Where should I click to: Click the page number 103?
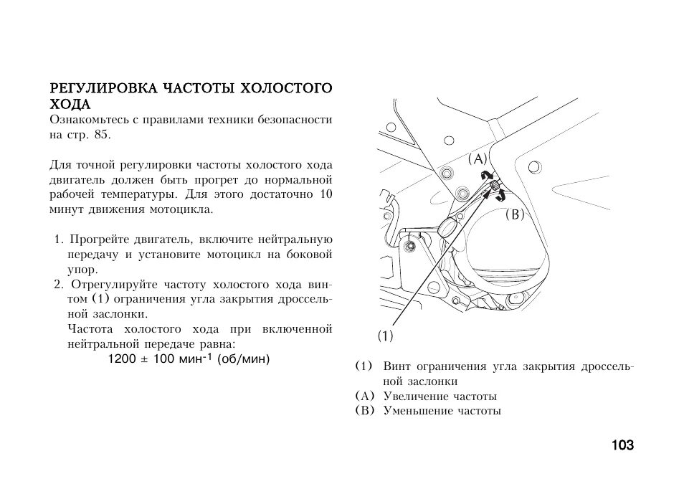[622, 445]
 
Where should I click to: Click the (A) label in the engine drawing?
[478, 159]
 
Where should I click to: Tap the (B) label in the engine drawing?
[514, 214]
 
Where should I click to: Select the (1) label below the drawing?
[386, 335]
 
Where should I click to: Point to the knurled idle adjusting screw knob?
[495, 187]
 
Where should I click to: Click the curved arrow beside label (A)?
[487, 176]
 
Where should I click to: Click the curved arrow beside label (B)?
[501, 195]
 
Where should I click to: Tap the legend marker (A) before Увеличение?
[364, 396]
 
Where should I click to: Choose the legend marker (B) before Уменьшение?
[364, 411]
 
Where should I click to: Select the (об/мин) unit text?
[244, 359]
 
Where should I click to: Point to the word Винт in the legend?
[396, 366]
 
